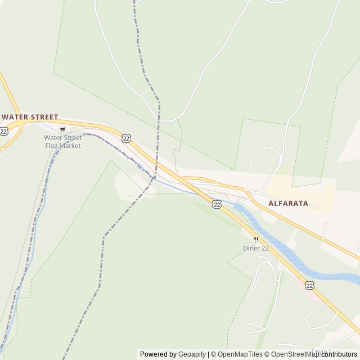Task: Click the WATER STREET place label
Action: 30,117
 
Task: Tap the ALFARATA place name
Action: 288,203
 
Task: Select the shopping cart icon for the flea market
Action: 62,129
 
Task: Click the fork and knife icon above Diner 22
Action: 256,240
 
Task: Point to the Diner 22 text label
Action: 255,248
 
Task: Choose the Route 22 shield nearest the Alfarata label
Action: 217,204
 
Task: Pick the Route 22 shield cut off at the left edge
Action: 3,131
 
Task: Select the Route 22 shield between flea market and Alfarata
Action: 126,138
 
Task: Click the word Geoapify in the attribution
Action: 192,354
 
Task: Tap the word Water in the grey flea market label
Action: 55,138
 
